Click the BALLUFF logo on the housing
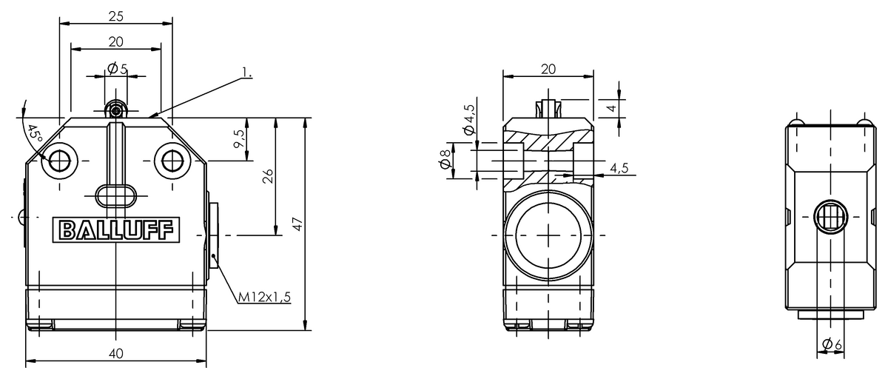115,230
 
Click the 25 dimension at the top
115,16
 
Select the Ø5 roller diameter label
117,69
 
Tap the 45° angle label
34,135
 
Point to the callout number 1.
246,73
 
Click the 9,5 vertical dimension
238,138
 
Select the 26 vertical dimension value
268,176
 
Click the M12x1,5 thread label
264,297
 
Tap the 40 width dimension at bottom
115,353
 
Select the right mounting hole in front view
172,160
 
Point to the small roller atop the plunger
115,111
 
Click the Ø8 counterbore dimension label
444,160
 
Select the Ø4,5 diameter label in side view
469,119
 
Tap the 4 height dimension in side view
610,108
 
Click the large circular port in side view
548,235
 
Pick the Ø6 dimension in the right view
832,345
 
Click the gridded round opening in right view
830,218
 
